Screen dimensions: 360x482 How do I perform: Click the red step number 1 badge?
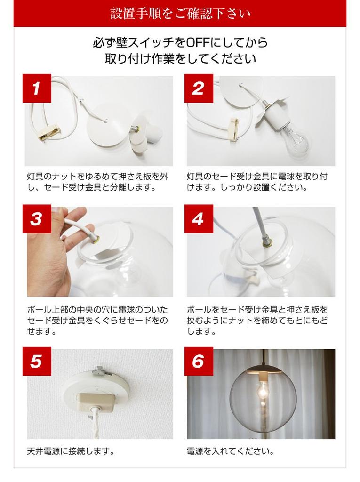[x=37, y=88]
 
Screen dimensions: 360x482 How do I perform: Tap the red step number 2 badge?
[x=199, y=88]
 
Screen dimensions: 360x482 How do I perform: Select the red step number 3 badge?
[x=37, y=219]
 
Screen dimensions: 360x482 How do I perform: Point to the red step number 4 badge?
[x=199, y=219]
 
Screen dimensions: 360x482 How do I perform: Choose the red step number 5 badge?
[x=37, y=361]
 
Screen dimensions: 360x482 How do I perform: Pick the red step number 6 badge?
[x=199, y=361]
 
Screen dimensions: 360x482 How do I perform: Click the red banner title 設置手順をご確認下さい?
[x=180, y=14]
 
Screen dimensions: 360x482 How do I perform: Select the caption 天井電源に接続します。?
[x=71, y=451]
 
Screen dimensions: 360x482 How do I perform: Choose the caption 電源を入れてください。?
[x=230, y=451]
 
